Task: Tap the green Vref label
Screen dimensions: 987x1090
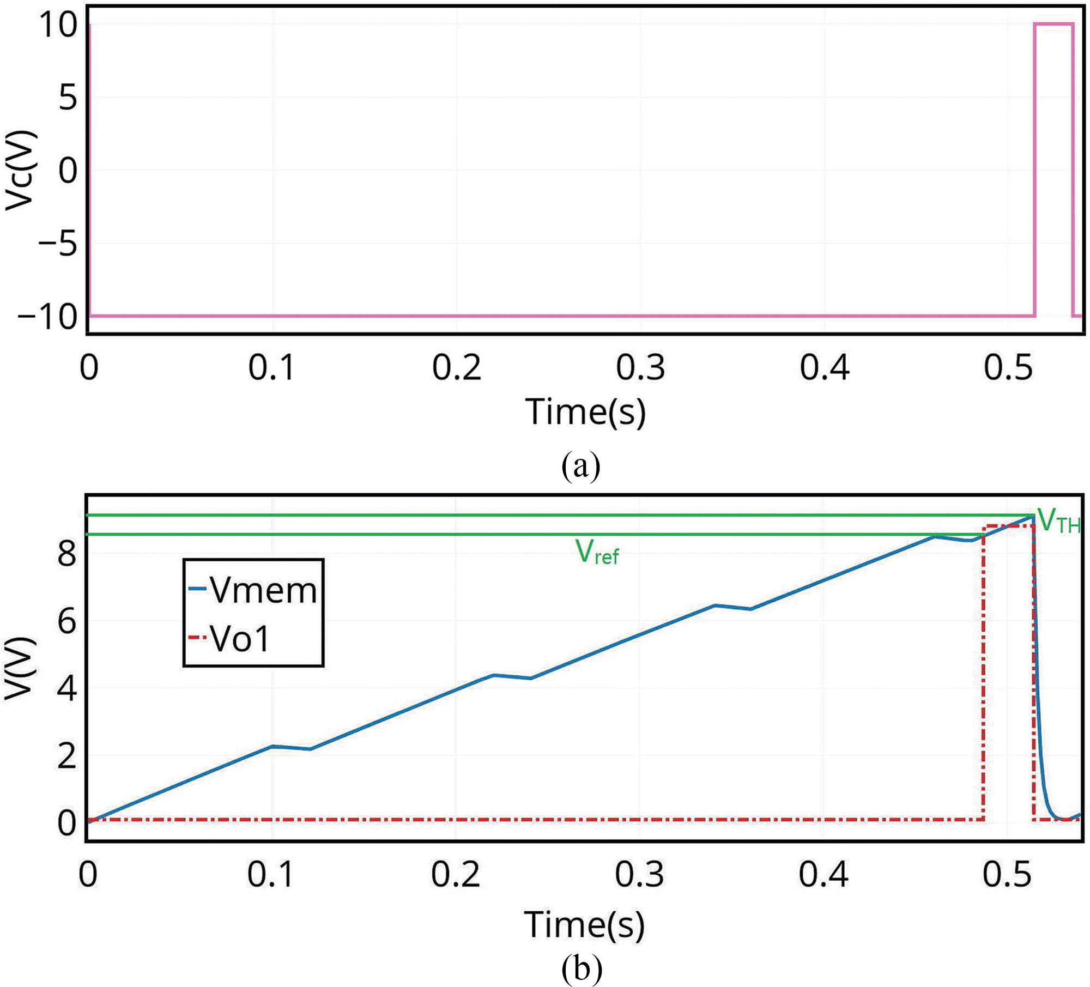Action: click(x=597, y=553)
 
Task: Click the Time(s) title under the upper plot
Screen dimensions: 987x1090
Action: click(x=585, y=412)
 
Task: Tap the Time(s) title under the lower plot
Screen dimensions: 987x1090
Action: click(x=584, y=925)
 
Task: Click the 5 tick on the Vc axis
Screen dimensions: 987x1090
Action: click(x=68, y=98)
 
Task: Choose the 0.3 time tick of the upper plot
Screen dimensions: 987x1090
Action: click(x=640, y=368)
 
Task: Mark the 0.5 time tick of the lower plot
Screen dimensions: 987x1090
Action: click(x=1007, y=875)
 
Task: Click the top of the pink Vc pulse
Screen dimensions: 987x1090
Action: click(x=1053, y=24)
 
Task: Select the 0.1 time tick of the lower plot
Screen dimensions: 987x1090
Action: click(x=271, y=875)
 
